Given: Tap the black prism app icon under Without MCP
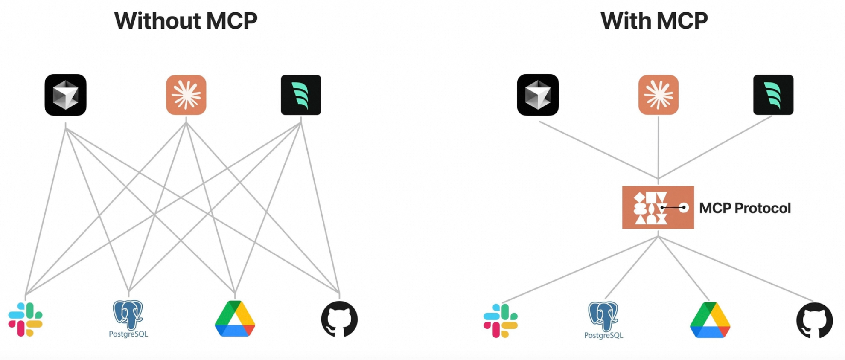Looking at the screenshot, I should click(65, 95).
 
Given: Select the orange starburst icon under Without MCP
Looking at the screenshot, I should click(186, 95).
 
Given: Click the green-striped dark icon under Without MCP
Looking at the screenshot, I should click(301, 95).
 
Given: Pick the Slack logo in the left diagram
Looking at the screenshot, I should click(26, 319).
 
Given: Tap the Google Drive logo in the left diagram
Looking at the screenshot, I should click(235, 319).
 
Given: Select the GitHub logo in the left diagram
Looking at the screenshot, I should click(339, 319).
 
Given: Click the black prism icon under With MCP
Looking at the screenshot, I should click(538, 95).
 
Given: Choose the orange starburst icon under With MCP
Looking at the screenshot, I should click(659, 95).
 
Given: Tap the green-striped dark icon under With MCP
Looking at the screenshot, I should click(773, 95).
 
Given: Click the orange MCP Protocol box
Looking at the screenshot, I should click(658, 208).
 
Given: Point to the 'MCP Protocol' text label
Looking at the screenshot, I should click(745, 208).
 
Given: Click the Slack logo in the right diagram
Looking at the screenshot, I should click(501, 321).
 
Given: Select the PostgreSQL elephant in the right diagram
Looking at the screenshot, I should click(603, 316).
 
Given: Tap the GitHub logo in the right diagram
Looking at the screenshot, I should click(814, 320).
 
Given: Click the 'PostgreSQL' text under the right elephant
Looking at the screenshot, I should click(603, 335).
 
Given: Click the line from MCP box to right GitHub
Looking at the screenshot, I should click(736, 269).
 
